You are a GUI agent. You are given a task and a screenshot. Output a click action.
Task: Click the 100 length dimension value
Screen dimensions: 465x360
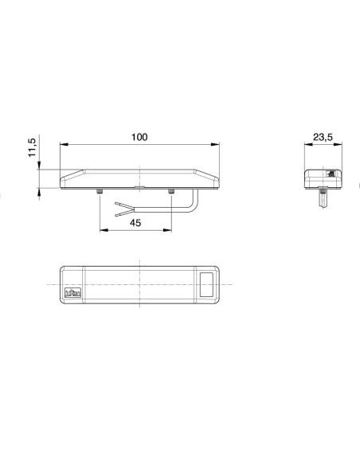click(x=139, y=137)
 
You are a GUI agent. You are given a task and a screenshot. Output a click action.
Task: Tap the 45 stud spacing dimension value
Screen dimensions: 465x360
click(x=135, y=224)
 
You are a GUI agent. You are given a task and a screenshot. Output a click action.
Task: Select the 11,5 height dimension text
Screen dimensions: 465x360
click(x=32, y=149)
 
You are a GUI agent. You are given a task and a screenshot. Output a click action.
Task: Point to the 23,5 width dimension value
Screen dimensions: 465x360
click(x=323, y=137)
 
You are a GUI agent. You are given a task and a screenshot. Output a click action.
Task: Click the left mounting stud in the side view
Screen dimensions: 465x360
click(x=99, y=193)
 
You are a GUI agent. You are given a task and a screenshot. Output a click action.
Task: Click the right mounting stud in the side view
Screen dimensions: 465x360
click(x=171, y=193)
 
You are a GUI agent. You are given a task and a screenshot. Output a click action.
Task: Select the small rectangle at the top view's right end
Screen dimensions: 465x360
click(x=209, y=283)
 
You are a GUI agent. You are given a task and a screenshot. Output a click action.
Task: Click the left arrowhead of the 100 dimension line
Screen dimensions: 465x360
click(x=65, y=145)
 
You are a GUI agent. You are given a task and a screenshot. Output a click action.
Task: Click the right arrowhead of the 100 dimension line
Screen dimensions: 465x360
click(x=215, y=145)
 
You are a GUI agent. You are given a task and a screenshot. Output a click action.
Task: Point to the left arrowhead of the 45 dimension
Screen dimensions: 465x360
click(x=103, y=232)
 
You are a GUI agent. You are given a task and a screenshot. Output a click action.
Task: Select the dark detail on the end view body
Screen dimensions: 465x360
click(x=328, y=173)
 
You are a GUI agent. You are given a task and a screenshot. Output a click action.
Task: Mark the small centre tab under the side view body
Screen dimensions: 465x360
click(x=139, y=190)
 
